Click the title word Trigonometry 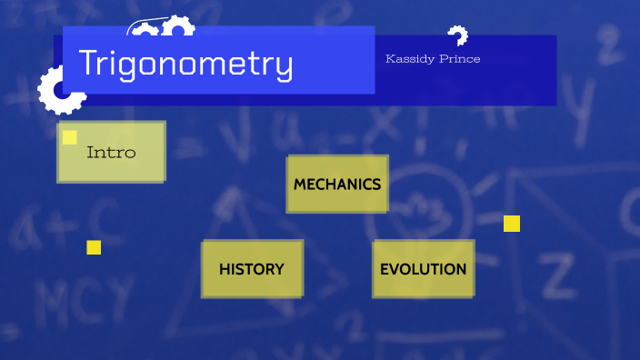185,64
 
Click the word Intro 111,153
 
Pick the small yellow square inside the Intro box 70,137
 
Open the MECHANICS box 337,184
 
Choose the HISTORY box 252,269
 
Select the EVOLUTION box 423,269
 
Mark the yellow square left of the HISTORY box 94,247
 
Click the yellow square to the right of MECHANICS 512,224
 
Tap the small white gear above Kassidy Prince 457,35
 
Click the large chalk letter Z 556,269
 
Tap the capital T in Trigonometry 89,62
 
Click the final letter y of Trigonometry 284,67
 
